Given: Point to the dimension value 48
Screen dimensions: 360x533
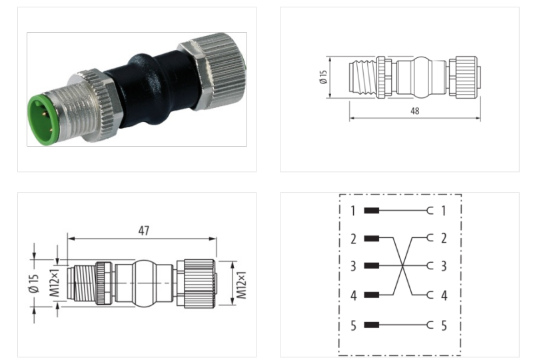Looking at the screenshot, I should pyautogui.click(x=414, y=111).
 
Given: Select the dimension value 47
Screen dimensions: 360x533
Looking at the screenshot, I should pyautogui.click(x=143, y=231).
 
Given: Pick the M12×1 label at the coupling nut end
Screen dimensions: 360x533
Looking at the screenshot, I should pyautogui.click(x=241, y=285).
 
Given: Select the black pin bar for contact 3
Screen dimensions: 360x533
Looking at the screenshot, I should pyautogui.click(x=372, y=266).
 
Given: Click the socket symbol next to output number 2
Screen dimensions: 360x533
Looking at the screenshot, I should pyautogui.click(x=429, y=237).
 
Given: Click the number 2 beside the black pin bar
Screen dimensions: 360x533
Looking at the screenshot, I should pyautogui.click(x=353, y=238).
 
